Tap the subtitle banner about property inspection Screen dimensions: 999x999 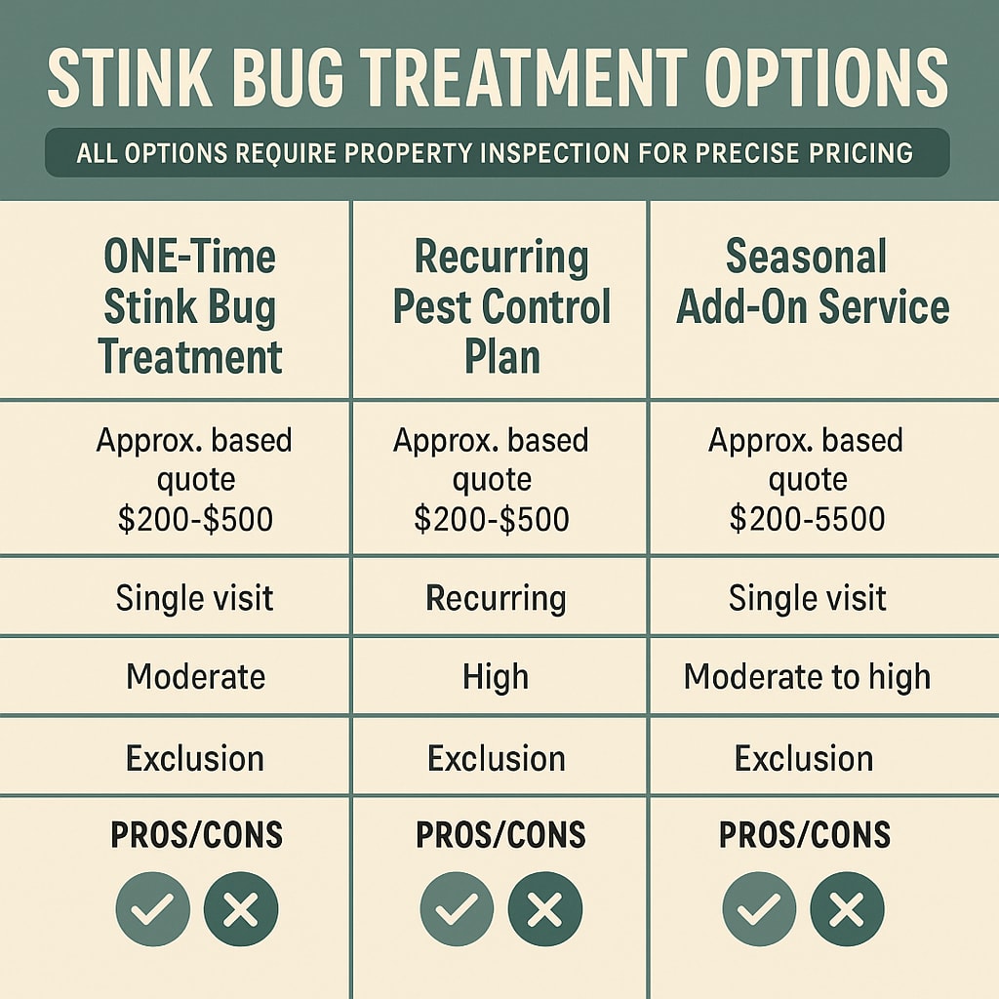498,152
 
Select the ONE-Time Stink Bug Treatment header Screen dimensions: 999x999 190,307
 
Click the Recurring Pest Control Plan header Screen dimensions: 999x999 501,307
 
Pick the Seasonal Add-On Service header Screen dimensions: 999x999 813,283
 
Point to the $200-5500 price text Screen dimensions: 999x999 808,519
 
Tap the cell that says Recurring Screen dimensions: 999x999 496,597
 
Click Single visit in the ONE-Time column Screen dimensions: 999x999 194,597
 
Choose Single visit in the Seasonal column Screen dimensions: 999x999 808,597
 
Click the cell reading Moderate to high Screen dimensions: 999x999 807,676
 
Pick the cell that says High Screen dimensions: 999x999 496,676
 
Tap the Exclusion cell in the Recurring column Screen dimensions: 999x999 496,758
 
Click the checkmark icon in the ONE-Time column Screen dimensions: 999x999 153,910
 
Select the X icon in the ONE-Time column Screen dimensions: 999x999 241,910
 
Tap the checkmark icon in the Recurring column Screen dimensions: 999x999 457,910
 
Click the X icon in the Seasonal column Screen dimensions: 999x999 847,910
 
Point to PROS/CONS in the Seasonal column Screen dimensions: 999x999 805,835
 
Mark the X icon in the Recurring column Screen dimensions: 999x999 544,910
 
